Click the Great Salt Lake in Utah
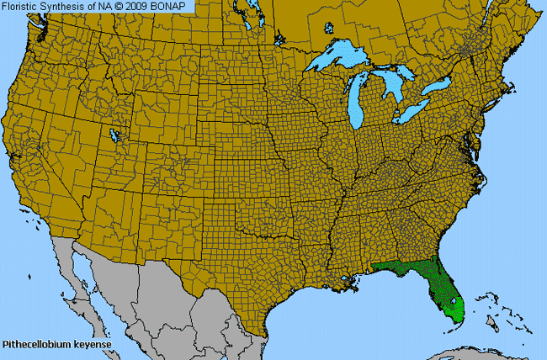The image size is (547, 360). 114,135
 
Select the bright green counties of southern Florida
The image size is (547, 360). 453,308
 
